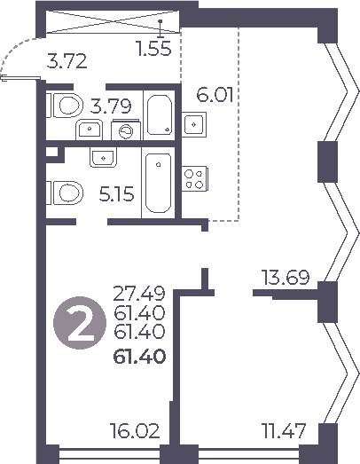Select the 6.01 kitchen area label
pyautogui.click(x=215, y=95)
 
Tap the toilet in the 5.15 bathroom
pyautogui.click(x=65, y=190)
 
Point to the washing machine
pyautogui.click(x=127, y=131)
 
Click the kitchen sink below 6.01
pyautogui.click(x=193, y=123)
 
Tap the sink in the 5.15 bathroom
pyautogui.click(x=103, y=159)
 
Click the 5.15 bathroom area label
pyautogui.click(x=117, y=194)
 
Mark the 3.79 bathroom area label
pyautogui.click(x=112, y=106)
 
